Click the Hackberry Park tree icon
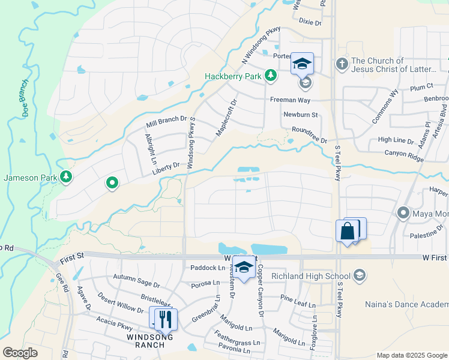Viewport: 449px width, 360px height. pos(271,75)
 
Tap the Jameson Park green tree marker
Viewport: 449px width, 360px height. pos(66,177)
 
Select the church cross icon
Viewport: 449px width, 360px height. pos(342,64)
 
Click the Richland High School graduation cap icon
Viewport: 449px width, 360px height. pos(359,275)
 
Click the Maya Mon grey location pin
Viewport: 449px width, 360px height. pos(402,212)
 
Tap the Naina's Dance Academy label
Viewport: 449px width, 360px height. pos(406,304)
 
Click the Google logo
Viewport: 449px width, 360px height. pos(20,353)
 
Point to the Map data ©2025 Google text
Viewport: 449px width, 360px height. pos(411,355)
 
